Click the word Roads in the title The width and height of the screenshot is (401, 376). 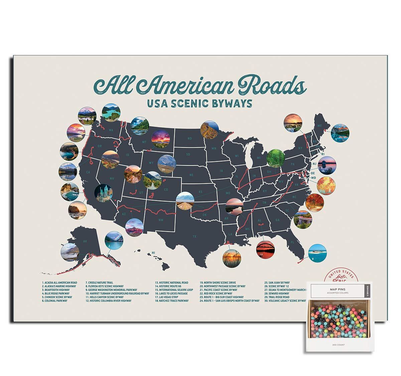click(x=271, y=86)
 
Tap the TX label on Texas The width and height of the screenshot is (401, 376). click(x=194, y=237)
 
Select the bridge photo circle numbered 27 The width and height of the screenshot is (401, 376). click(x=265, y=250)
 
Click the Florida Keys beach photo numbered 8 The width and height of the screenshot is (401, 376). click(x=317, y=253)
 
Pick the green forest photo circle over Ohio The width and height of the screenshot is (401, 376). click(x=276, y=158)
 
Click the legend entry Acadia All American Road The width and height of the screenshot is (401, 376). click(x=59, y=283)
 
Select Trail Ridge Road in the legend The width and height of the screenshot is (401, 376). click(x=277, y=297)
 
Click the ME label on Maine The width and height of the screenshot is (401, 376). click(x=319, y=126)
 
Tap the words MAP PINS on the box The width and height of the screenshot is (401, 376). click(x=339, y=289)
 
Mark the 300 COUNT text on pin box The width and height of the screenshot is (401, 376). click(x=339, y=345)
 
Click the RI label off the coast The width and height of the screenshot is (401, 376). click(x=323, y=154)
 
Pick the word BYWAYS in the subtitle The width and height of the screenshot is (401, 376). click(x=232, y=103)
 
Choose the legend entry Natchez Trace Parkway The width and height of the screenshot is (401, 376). click(x=171, y=301)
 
